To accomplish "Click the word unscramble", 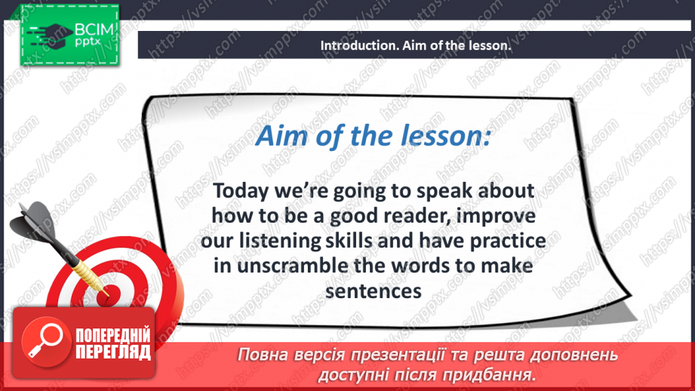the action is [293, 266].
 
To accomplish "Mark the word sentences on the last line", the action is [374, 291].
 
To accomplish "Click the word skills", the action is [349, 241].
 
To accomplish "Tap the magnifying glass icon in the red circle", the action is [45, 340].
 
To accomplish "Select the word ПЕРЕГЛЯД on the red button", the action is [113, 352].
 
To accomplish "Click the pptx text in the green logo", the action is [88, 42].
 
